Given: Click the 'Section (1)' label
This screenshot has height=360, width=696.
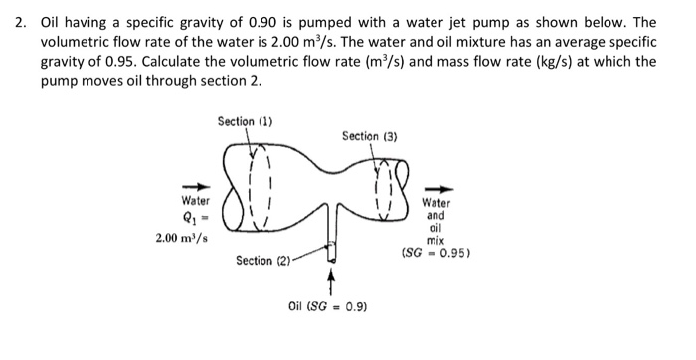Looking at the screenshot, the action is click(x=246, y=121).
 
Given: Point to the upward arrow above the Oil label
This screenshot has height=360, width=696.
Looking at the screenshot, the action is click(x=330, y=281).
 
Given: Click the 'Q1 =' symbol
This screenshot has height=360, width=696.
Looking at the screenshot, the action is click(x=190, y=219).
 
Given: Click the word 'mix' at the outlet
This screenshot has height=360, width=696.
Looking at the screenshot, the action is click(x=435, y=240).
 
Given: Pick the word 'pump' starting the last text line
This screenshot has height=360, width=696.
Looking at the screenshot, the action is click(x=61, y=80).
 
